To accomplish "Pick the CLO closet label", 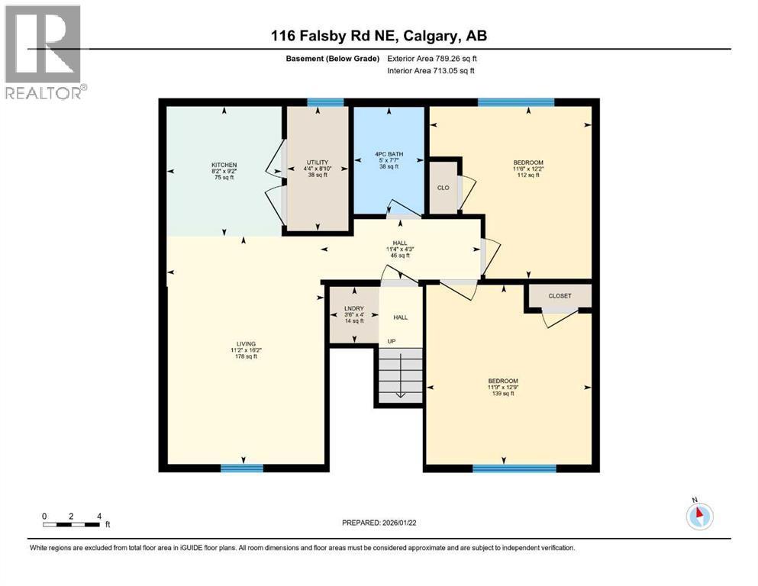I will coord(443,186).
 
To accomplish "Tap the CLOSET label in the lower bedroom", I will coord(560,296).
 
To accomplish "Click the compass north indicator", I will coord(699,516).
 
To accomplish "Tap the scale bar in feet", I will coord(72,523).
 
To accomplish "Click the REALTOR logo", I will coord(44,53).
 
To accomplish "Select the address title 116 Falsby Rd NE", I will coord(379,36).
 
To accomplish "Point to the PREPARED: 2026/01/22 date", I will coord(379,523).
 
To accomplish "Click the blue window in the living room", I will coord(237,468).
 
